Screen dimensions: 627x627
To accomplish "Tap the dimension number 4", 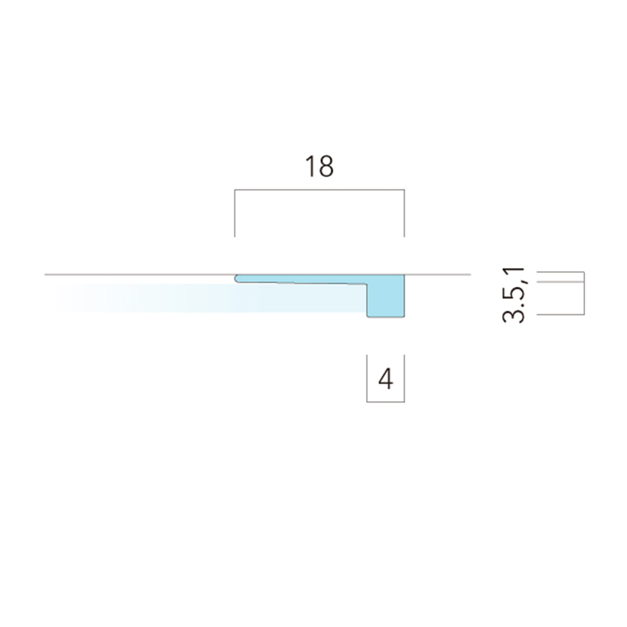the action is [386, 379].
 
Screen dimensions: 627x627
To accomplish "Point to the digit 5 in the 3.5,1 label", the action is [514, 292].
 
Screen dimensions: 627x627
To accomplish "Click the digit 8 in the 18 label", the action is [326, 167].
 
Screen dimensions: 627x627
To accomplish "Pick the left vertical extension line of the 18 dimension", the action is [235, 213].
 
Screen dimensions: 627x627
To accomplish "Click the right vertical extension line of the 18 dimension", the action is [404, 213].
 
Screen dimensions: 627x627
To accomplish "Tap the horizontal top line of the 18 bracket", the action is [320, 190].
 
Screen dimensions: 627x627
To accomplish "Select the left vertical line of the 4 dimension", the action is [367, 378].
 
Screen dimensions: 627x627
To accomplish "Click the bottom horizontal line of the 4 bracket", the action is [386, 402].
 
